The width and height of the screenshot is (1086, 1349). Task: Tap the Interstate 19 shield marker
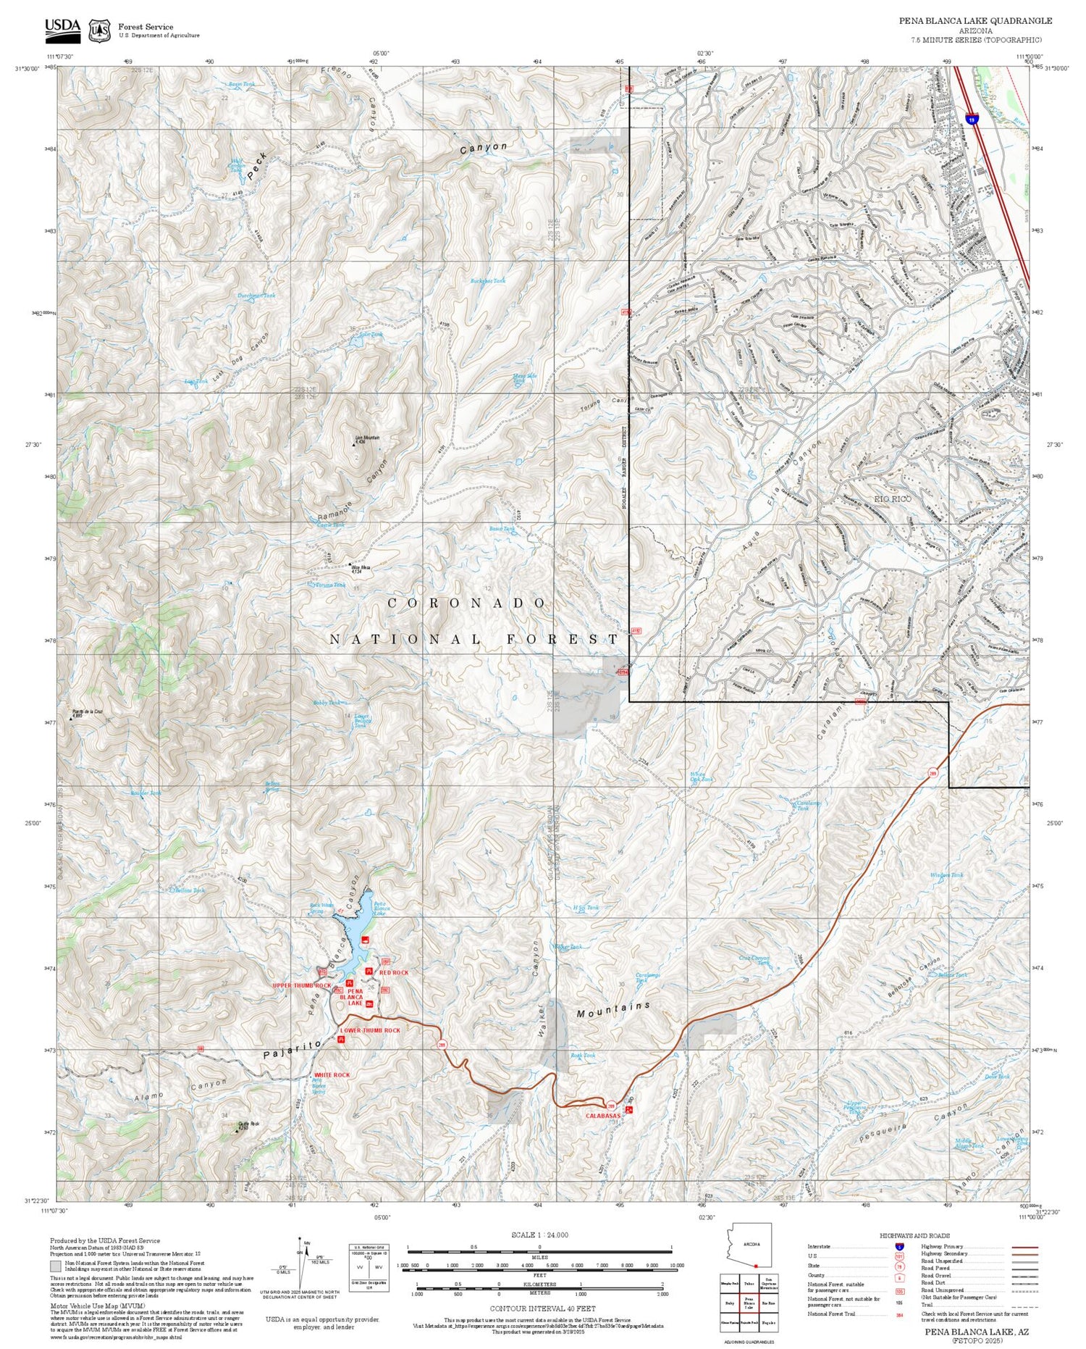pyautogui.click(x=974, y=118)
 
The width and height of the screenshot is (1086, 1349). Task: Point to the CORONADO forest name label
pyautogui.click(x=468, y=603)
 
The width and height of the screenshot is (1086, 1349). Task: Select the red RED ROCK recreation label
pyautogui.click(x=394, y=972)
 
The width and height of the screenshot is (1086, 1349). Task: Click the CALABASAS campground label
pyautogui.click(x=602, y=1116)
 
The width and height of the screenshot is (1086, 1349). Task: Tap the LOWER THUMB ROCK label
pyautogui.click(x=370, y=1029)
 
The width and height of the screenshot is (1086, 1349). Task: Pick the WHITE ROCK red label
pyautogui.click(x=332, y=1074)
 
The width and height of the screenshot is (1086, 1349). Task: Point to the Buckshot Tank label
pyautogui.click(x=488, y=280)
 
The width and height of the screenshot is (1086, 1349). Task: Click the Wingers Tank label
pyautogui.click(x=946, y=875)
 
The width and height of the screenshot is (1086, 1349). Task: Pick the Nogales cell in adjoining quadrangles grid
pyautogui.click(x=768, y=1322)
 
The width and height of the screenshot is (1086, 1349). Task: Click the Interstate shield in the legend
pyautogui.click(x=899, y=1246)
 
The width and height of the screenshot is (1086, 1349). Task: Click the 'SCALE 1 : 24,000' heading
pyautogui.click(x=539, y=1235)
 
